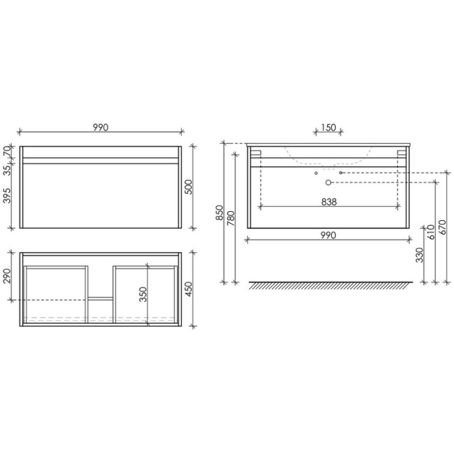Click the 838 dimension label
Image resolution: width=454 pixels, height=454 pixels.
(x=329, y=202)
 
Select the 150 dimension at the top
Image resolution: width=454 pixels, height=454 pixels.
(x=329, y=127)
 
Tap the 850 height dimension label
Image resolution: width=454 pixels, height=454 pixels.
(x=220, y=213)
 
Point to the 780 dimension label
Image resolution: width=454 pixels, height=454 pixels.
(x=231, y=218)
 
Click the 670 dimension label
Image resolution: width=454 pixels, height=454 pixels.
(x=443, y=228)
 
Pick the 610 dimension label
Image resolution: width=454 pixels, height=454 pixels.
(x=431, y=232)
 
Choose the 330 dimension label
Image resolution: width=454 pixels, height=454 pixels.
(x=419, y=255)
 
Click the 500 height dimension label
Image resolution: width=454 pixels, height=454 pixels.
(x=188, y=187)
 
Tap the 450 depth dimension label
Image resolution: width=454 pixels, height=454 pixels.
(x=188, y=289)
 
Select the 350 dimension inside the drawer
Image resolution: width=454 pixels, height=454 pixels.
(x=144, y=295)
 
